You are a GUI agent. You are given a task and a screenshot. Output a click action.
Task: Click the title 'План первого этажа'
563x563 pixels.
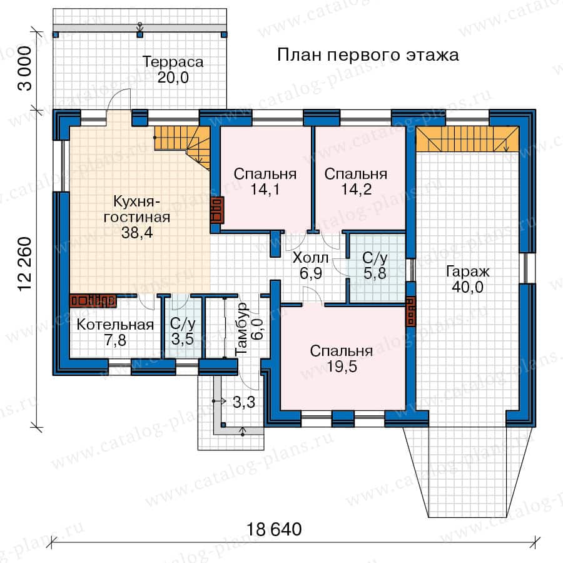pyautogui.click(x=368, y=56)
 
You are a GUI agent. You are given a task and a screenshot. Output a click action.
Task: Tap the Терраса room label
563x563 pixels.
pyautogui.click(x=173, y=62)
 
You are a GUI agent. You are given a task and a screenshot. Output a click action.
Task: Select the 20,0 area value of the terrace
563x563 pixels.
pyautogui.click(x=173, y=78)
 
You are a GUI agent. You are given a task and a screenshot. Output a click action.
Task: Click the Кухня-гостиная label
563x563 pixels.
pyautogui.click(x=137, y=210)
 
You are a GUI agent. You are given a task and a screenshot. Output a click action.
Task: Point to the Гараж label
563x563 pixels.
pyautogui.click(x=467, y=271)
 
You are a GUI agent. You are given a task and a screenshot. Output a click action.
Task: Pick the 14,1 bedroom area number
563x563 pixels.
pyautogui.click(x=265, y=189)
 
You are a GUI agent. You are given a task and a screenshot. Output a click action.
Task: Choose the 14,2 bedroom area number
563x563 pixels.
pyautogui.click(x=356, y=189)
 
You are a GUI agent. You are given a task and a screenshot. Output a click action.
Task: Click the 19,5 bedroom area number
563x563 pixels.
pyautogui.click(x=342, y=367)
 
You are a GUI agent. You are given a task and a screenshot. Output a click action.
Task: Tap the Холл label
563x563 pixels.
pyautogui.click(x=310, y=258)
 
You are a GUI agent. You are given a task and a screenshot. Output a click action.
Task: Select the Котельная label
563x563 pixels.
pyautogui.click(x=115, y=325)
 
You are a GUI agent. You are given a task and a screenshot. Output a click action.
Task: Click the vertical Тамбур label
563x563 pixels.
pyautogui.click(x=241, y=329)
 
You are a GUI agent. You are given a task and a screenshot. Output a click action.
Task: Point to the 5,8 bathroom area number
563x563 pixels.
pyautogui.click(x=375, y=273)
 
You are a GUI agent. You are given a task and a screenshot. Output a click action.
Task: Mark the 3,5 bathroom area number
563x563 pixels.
pyautogui.click(x=183, y=339)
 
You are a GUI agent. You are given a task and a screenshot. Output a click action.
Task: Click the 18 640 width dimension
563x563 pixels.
pyautogui.click(x=274, y=530)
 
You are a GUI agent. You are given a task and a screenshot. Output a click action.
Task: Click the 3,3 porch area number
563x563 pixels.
pyautogui.click(x=244, y=402)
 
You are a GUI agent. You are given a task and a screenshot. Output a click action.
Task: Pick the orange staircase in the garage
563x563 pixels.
pyautogui.click(x=467, y=139)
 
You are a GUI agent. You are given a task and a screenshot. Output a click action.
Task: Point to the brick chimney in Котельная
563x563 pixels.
pyautogui.click(x=93, y=301)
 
